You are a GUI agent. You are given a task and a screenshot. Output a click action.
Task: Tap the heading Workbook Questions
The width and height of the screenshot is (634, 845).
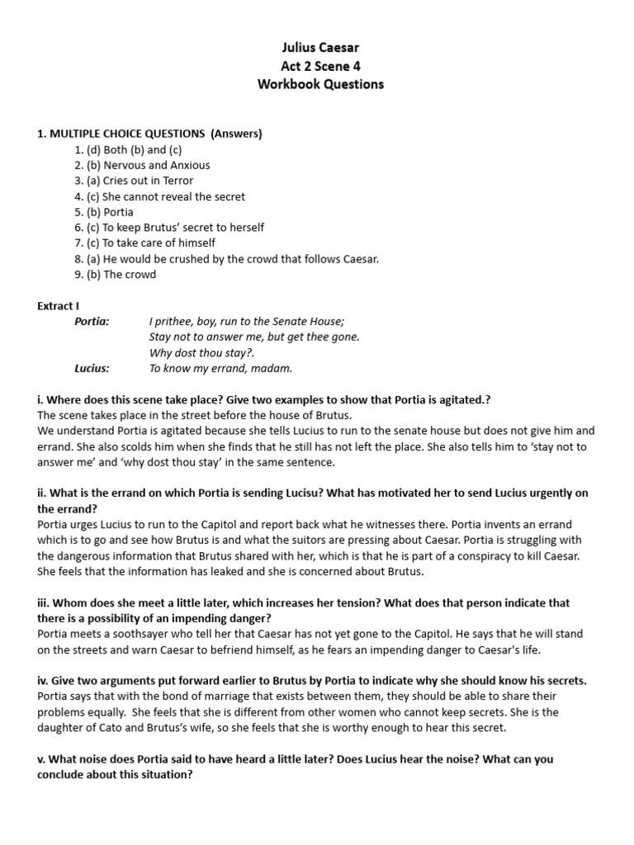[319, 84]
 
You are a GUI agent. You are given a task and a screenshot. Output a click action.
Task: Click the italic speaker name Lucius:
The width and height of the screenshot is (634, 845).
[92, 368]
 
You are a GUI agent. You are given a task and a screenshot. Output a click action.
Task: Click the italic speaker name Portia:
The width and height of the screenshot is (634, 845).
[92, 321]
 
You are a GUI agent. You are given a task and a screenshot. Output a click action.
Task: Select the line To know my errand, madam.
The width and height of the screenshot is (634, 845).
[220, 368]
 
